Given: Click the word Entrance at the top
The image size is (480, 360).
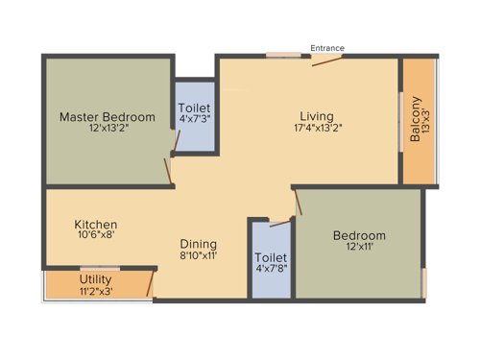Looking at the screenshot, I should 326,48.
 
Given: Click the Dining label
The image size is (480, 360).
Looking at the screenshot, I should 199,244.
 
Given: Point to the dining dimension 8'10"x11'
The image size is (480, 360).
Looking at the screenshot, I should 199,256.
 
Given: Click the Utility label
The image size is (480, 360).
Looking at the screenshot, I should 96,279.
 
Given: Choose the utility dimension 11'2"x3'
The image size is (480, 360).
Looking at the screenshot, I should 96,291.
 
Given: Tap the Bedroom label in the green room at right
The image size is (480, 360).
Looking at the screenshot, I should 359,236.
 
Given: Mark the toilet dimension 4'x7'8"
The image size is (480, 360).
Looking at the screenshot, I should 271,270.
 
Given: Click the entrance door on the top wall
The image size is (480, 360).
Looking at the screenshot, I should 326,60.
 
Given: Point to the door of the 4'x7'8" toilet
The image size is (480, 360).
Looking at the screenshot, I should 280,223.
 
